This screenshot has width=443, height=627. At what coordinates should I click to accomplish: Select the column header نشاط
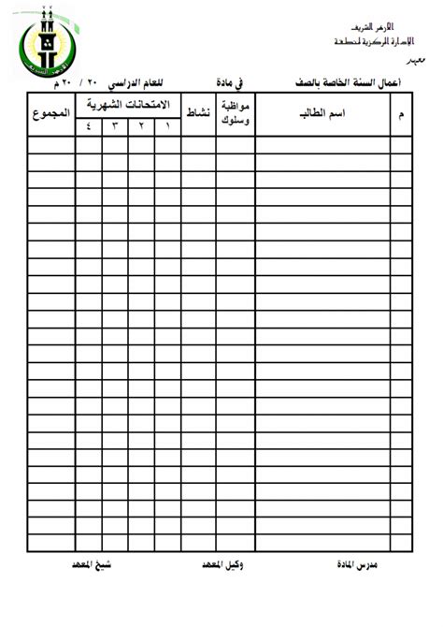point(199,115)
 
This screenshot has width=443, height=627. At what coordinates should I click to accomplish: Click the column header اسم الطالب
point(322,115)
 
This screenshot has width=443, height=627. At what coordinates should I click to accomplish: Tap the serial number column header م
point(402,115)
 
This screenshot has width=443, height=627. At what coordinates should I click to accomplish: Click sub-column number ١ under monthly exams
point(167,126)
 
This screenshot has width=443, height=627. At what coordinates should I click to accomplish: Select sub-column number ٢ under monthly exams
point(142,126)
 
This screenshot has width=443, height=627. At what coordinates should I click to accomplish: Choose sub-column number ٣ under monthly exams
point(116,126)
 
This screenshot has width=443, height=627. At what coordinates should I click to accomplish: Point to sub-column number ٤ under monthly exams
point(90,126)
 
